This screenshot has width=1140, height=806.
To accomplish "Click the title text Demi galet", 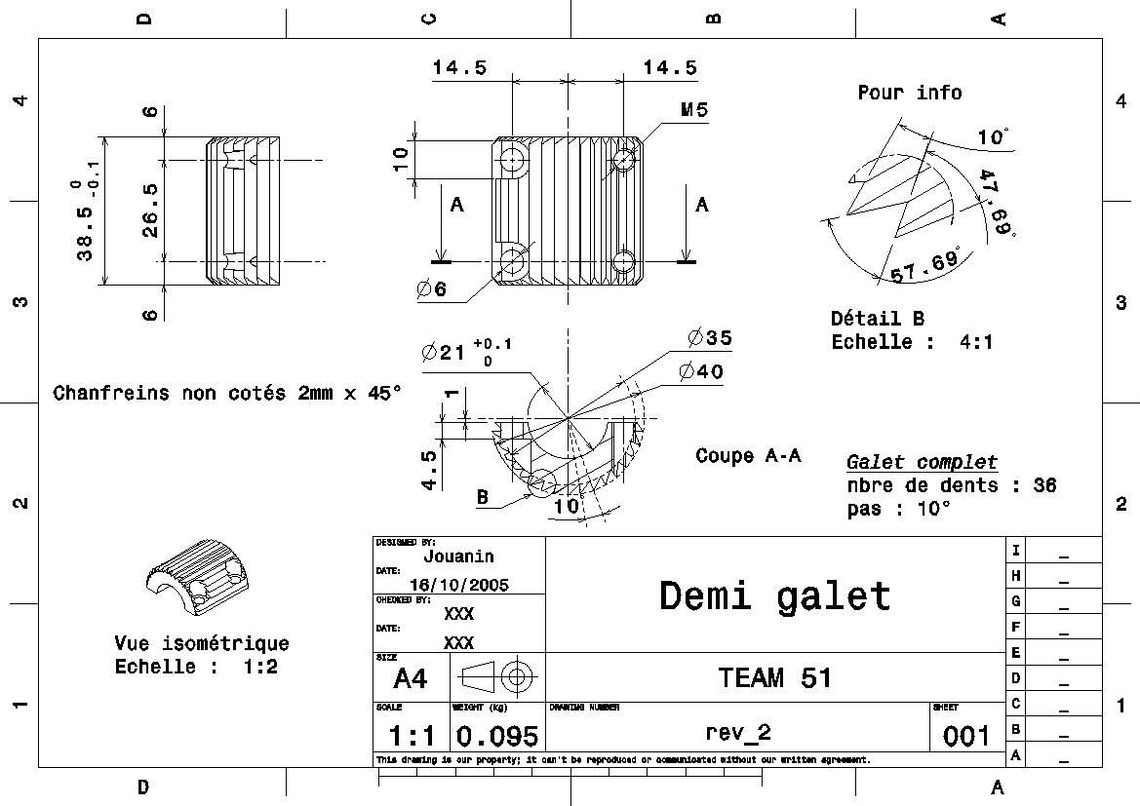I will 775,595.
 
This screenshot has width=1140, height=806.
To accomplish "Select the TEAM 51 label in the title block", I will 775,677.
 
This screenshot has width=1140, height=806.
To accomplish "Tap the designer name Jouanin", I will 458,557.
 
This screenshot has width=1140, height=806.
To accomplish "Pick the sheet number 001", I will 966,736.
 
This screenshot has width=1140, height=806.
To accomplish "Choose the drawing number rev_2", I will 737,732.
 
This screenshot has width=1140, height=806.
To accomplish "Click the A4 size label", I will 411,677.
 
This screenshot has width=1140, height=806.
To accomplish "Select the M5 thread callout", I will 694,110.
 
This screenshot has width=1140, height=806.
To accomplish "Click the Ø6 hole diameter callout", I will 430,289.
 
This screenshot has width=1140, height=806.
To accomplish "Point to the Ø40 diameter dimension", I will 704,371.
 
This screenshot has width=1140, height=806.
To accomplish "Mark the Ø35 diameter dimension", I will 709,338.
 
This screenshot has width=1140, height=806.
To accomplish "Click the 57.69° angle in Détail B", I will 924,266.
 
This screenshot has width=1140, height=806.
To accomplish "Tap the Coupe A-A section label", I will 748,455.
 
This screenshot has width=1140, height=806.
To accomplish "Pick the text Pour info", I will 909,93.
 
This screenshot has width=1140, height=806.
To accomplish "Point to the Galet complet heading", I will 922,462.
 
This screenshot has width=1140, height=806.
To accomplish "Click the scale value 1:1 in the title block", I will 412,736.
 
